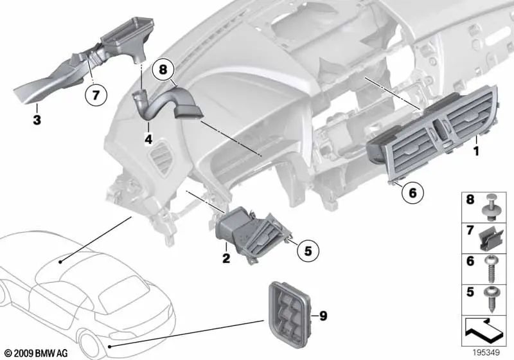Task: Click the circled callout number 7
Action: [96, 95]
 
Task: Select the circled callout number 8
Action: [163, 69]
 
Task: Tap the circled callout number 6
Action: [412, 192]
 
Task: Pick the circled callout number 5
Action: [308, 251]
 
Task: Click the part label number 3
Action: [37, 120]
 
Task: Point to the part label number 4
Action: [148, 139]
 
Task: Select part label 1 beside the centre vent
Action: [476, 151]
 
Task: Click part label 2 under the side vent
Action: [226, 258]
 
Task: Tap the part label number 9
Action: [323, 316]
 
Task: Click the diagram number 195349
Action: [486, 353]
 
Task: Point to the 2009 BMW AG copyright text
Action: [37, 354]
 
